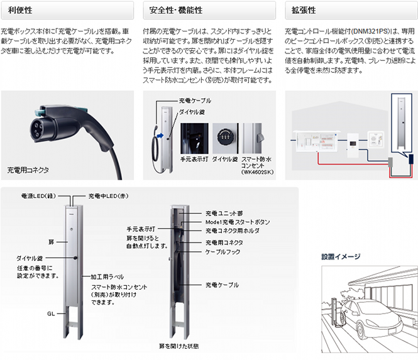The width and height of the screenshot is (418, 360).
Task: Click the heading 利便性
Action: (x=20, y=11)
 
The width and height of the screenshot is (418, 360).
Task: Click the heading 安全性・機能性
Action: (x=176, y=11)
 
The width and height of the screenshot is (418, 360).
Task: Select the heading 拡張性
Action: (x=304, y=11)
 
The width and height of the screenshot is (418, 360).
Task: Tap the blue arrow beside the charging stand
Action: (x=160, y=136)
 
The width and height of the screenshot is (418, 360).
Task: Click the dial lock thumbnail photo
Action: (x=226, y=138)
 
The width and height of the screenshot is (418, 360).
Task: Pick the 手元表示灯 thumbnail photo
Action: (x=194, y=138)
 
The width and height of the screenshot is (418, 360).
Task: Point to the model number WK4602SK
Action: (x=258, y=172)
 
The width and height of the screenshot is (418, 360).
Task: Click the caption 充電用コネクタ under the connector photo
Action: (x=28, y=170)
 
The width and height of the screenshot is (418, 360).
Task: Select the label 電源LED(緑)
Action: (x=38, y=196)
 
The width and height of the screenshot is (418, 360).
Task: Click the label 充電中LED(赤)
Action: (x=108, y=196)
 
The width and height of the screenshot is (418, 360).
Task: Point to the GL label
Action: (x=51, y=314)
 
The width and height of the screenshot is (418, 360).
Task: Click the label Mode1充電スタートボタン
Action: (x=238, y=222)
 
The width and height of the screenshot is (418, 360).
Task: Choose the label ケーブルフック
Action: (x=223, y=252)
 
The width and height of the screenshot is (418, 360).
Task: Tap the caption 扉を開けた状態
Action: (x=179, y=346)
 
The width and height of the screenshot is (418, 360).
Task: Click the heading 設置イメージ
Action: (x=341, y=256)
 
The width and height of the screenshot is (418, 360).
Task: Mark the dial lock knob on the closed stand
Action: (x=75, y=258)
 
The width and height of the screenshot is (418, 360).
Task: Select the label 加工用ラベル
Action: (x=107, y=277)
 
